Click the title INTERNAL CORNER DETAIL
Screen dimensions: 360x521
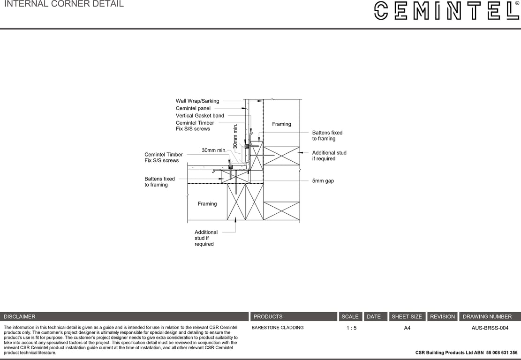pyautogui.click(x=64, y=4)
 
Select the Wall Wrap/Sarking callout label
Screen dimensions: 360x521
pyautogui.click(x=197, y=101)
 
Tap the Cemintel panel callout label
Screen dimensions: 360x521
pyautogui.click(x=193, y=108)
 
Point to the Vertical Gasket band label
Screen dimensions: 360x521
pyautogui.click(x=200, y=116)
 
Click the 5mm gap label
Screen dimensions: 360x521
pyautogui.click(x=323, y=181)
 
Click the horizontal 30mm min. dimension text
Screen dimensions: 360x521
pyautogui.click(x=214, y=150)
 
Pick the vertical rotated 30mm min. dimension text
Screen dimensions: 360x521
pyautogui.click(x=236, y=136)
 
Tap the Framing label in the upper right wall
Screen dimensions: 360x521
pyautogui.click(x=281, y=124)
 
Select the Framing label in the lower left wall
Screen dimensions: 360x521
pyautogui.click(x=207, y=204)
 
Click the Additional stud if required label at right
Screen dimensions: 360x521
pyautogui.click(x=329, y=156)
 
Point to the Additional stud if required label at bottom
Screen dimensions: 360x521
pyautogui.click(x=206, y=238)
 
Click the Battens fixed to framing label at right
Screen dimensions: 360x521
pyautogui.click(x=327, y=135)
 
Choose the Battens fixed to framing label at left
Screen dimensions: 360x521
pyautogui.click(x=159, y=182)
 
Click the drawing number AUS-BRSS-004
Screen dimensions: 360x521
pyautogui.click(x=490, y=328)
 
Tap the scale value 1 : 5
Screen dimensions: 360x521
pyautogui.click(x=351, y=328)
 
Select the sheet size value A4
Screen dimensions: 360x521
pyautogui.click(x=407, y=328)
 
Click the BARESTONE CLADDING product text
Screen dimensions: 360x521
pyautogui.click(x=278, y=328)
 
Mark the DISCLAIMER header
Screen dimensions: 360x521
pyautogui.click(x=20, y=317)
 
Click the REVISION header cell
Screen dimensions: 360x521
pyautogui.click(x=442, y=317)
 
